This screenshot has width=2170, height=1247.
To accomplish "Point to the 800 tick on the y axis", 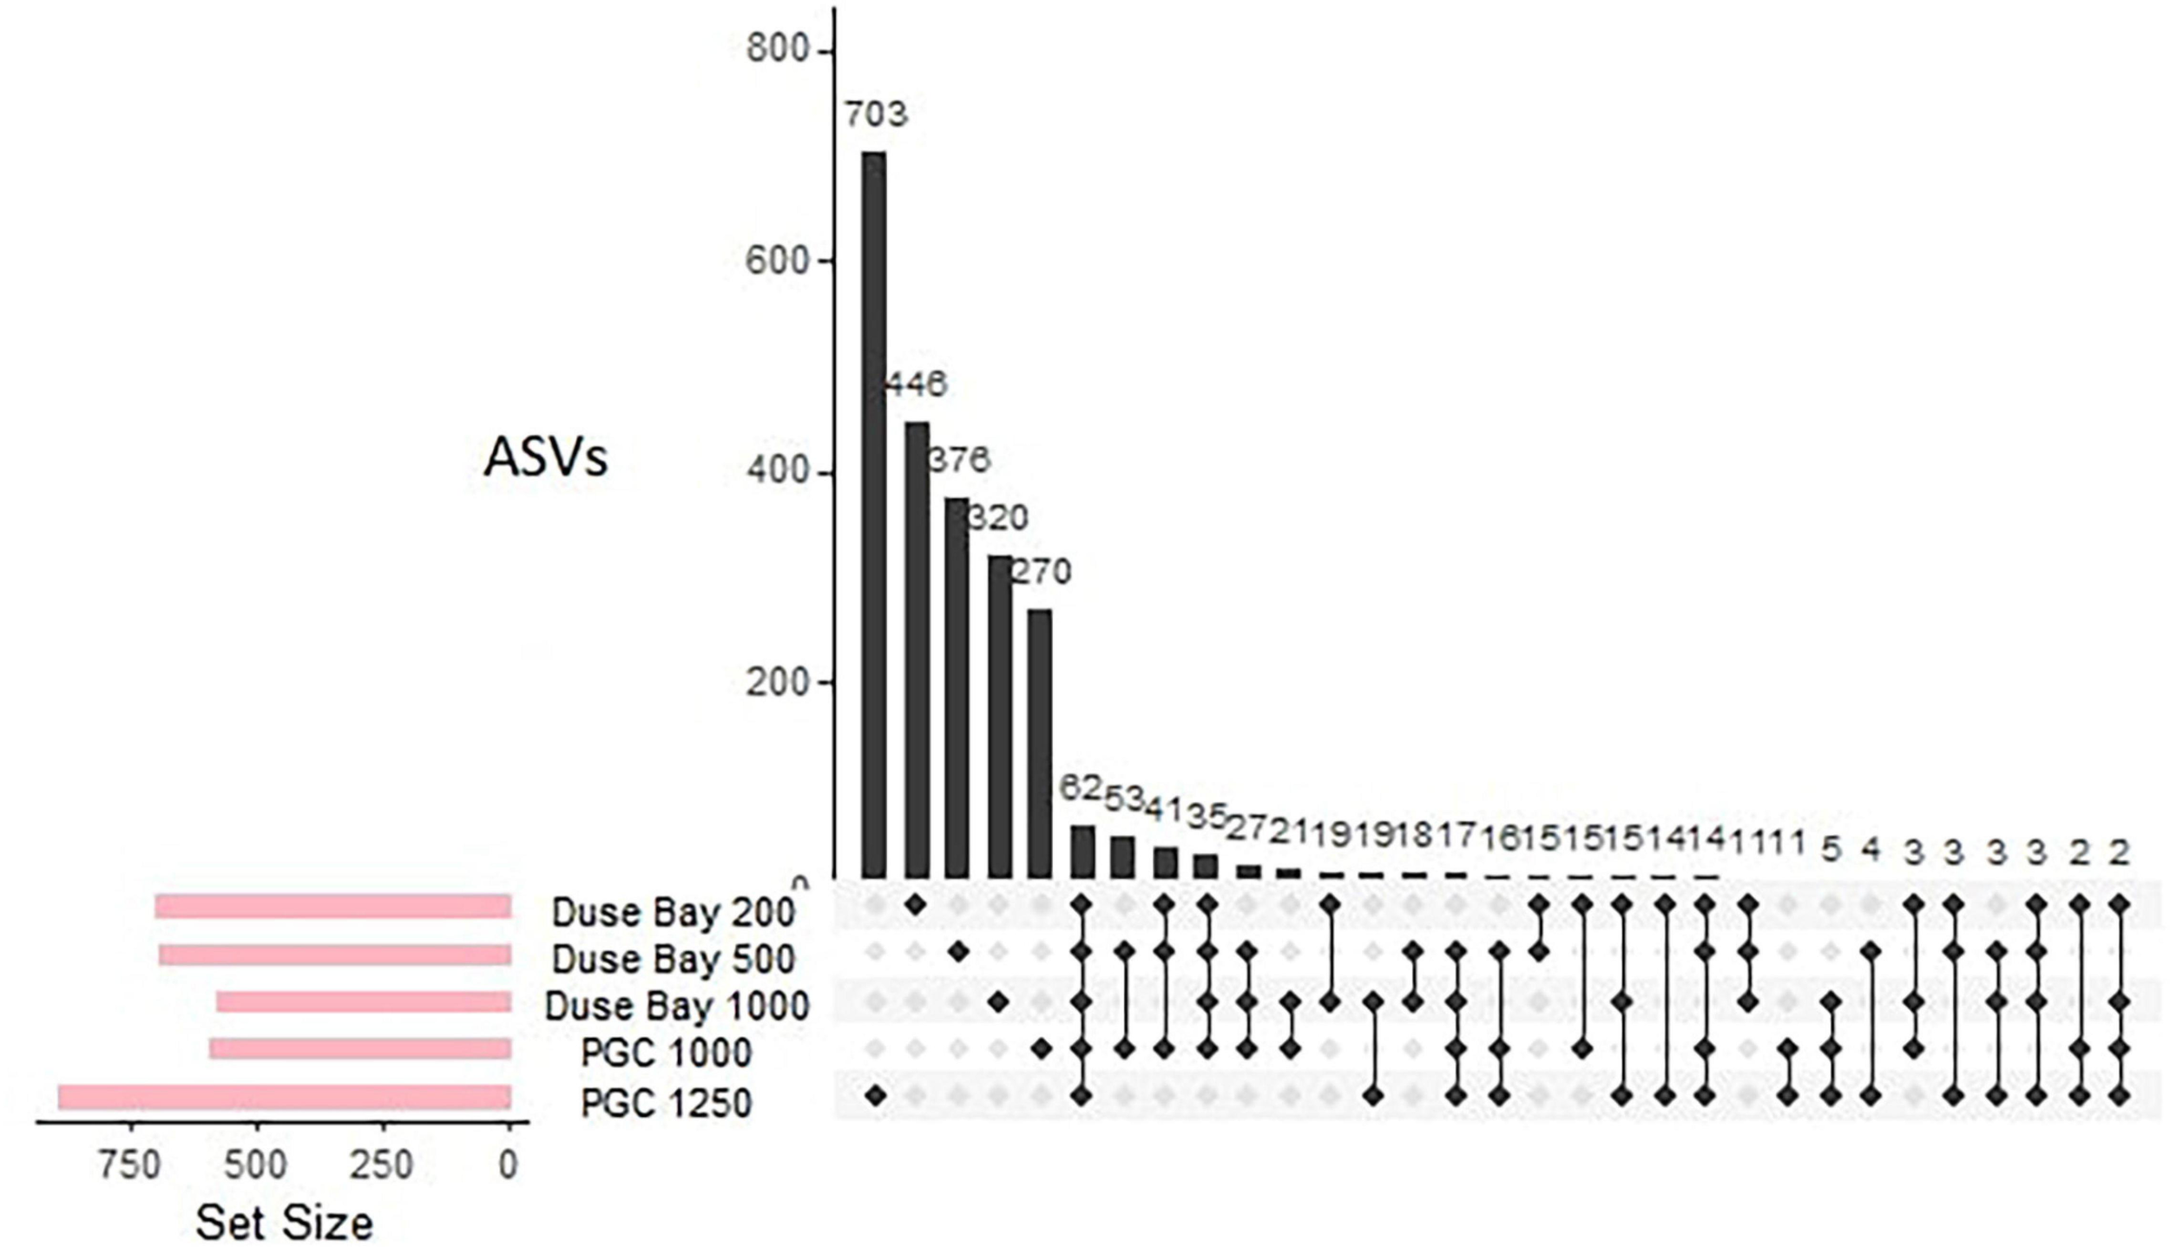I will [x=777, y=50].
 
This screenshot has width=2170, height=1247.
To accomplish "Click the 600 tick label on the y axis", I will [x=777, y=261].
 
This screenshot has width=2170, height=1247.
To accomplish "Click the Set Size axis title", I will [x=284, y=1223].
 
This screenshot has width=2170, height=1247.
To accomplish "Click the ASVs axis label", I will [x=545, y=458].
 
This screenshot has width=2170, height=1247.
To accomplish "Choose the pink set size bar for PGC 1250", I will [x=285, y=1096].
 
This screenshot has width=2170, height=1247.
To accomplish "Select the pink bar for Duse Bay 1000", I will [x=364, y=1002].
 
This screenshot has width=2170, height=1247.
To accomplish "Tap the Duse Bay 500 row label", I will [x=673, y=959].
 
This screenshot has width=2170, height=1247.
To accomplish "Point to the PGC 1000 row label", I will [x=666, y=1053].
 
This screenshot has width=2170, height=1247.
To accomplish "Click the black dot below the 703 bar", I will [x=875, y=1095].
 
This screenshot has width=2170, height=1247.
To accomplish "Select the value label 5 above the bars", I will [x=1831, y=850].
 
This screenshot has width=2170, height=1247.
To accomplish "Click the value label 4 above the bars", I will [x=1871, y=850].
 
